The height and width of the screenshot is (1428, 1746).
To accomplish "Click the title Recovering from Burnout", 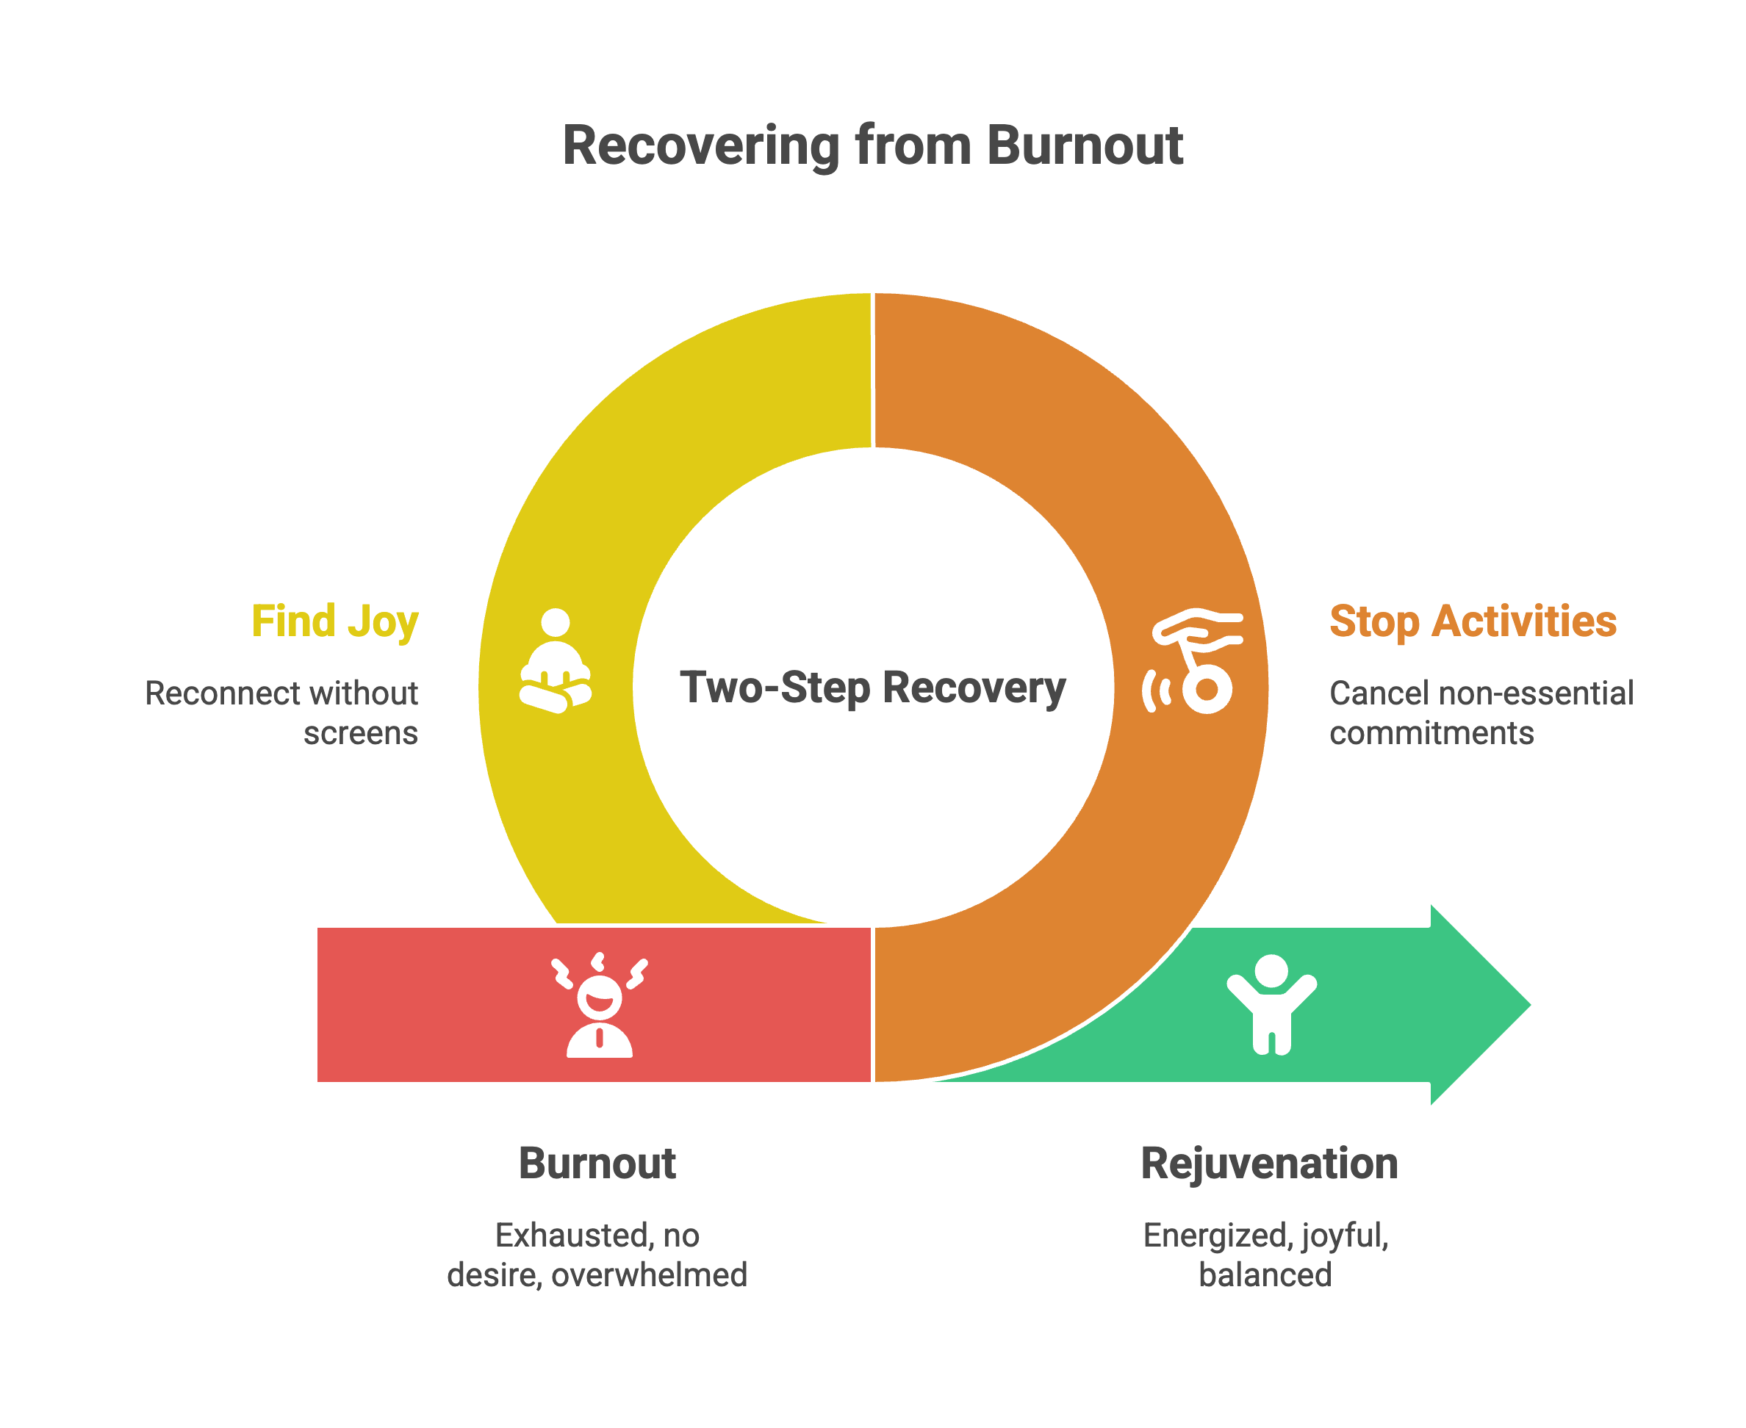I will (x=872, y=145).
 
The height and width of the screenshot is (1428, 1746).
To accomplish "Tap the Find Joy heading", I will (x=335, y=621).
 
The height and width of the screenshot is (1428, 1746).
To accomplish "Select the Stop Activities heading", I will (x=1473, y=621).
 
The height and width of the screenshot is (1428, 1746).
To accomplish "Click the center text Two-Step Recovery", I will (x=872, y=688).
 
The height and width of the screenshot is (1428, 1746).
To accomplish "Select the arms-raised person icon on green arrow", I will (x=1271, y=1003).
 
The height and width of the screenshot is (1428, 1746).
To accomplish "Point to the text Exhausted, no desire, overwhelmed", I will (x=597, y=1255).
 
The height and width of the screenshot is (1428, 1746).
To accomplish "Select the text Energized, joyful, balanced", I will (x=1265, y=1255).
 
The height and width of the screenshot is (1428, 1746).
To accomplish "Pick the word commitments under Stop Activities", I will (x=1431, y=733).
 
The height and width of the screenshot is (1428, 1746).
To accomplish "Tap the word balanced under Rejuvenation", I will (x=1265, y=1275).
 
